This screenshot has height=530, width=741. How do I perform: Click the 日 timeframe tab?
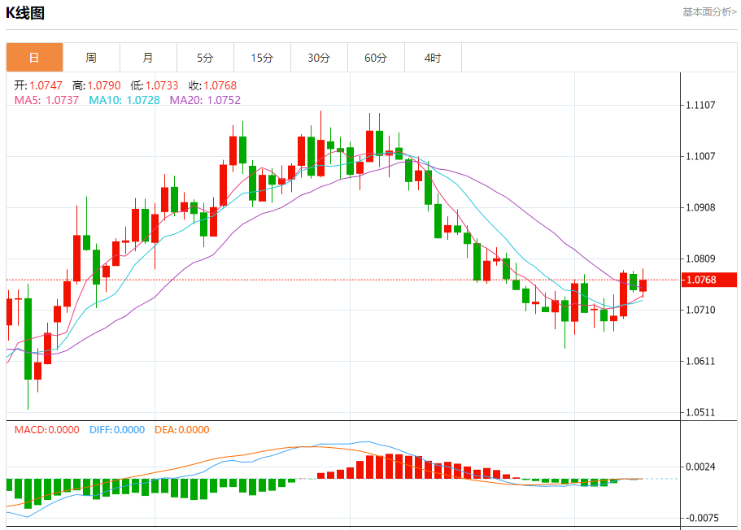[x=34, y=58]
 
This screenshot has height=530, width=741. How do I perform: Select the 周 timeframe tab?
[x=91, y=58]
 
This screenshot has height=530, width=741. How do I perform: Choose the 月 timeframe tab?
[x=148, y=58]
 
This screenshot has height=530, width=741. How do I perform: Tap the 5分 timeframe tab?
[x=205, y=58]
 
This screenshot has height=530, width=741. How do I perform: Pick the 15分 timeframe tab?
[x=262, y=58]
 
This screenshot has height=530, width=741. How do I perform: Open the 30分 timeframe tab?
[x=319, y=58]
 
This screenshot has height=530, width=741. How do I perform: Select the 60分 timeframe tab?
[x=376, y=58]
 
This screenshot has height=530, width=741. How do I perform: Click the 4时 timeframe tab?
[x=433, y=58]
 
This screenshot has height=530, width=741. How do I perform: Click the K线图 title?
[x=25, y=13]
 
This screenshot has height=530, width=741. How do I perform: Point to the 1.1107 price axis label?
[x=700, y=105]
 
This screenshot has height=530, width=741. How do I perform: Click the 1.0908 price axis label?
[x=700, y=207]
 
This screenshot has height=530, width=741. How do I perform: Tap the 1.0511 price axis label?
[x=700, y=412]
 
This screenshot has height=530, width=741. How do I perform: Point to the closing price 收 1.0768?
[x=211, y=85]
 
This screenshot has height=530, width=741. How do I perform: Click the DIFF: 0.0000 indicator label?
[x=116, y=430]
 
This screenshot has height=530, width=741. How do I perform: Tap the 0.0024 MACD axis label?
[x=700, y=467]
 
